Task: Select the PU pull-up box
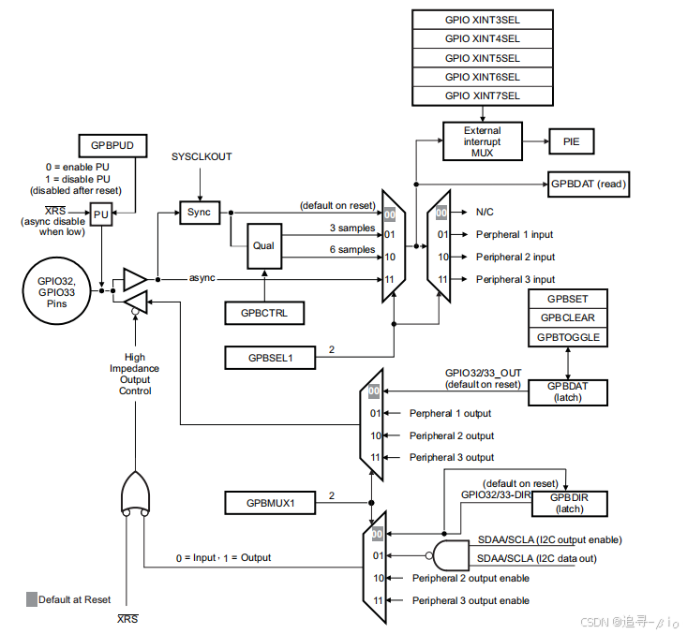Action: pos(101,214)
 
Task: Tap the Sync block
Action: pos(199,213)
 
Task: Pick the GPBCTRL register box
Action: pos(264,313)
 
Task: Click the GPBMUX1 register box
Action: pos(271,503)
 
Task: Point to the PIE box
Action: pos(571,141)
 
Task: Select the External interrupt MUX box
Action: pos(482,141)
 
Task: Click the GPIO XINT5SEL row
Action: pos(482,57)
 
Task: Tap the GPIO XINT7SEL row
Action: pos(482,96)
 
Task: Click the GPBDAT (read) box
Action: pos(587,184)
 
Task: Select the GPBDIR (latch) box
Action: pos(568,503)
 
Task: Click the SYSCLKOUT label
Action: pos(201,156)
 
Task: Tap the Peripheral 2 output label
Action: pos(451,435)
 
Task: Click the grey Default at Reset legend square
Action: pos(31,599)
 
